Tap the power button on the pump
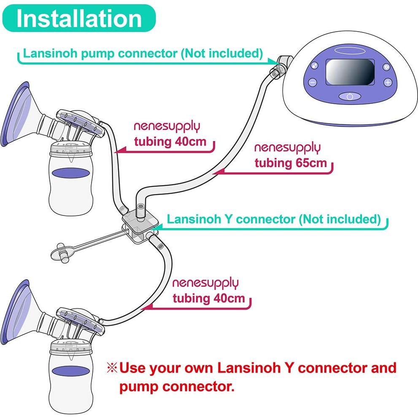(x=350, y=96)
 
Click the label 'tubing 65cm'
(x=291, y=163)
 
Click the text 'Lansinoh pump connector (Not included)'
(x=143, y=54)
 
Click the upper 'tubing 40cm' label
(x=170, y=141)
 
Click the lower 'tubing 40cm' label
(x=208, y=298)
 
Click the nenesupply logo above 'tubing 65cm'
(x=287, y=148)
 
